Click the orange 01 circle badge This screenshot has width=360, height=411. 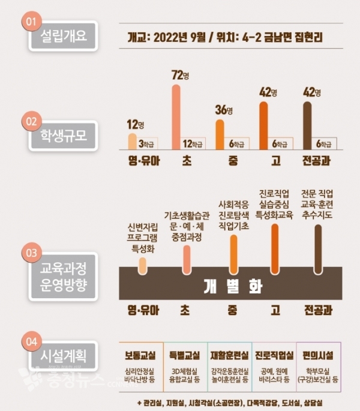coord(31,22)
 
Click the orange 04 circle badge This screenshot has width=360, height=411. coord(31,343)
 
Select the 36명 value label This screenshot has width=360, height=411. coord(223,111)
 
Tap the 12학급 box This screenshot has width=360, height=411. coord(194,144)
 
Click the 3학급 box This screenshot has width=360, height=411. coord(148,144)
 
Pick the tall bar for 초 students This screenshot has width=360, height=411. coord(176,117)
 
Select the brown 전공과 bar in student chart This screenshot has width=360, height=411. coord(308,125)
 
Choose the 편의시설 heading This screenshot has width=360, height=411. coord(319,355)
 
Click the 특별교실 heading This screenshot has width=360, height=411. coord(184,355)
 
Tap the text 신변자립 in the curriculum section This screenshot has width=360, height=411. coord(143,227)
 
